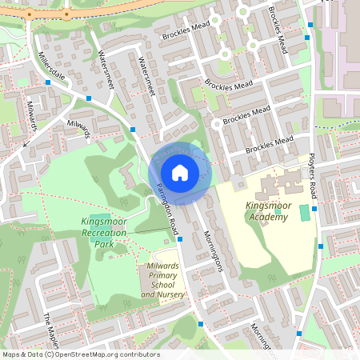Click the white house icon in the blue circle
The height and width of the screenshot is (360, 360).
click(180, 173)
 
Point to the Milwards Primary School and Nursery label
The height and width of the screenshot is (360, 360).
click(163, 280)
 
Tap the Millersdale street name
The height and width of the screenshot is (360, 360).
click(55, 67)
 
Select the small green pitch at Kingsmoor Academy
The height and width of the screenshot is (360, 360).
click(303, 213)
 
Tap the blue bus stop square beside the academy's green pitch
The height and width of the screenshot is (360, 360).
click(315, 209)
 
